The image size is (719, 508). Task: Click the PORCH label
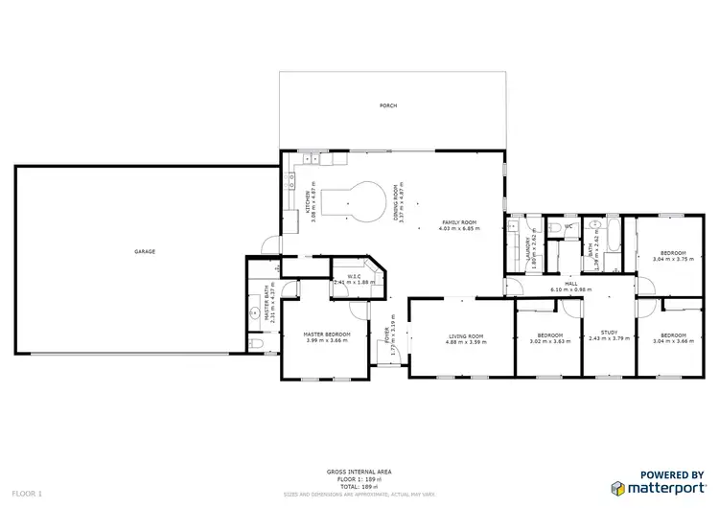pyautogui.click(x=388, y=105)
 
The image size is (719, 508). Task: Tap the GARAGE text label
pyautogui.click(x=145, y=251)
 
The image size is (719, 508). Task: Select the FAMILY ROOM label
pyautogui.click(x=457, y=222)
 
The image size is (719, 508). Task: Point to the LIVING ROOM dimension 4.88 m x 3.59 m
pyautogui.click(x=467, y=342)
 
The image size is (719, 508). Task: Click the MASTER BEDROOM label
pyautogui.click(x=326, y=334)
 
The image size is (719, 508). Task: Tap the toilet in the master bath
pyautogui.click(x=252, y=344)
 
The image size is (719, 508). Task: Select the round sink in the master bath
pyautogui.click(x=256, y=312)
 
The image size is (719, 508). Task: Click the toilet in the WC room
pyautogui.click(x=556, y=226)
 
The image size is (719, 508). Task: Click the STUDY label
pyautogui.click(x=610, y=333)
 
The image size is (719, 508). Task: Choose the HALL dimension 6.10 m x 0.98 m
pyautogui.click(x=570, y=289)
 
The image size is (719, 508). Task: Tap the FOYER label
pyautogui.click(x=388, y=335)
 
